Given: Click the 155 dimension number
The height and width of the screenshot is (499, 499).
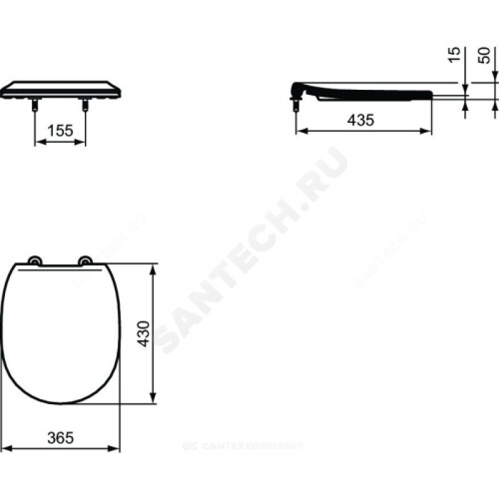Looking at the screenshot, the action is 60,130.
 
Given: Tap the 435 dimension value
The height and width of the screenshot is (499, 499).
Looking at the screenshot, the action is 361,120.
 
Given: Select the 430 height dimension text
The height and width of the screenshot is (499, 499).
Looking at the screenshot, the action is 143,334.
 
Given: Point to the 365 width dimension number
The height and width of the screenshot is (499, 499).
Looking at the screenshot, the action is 61,438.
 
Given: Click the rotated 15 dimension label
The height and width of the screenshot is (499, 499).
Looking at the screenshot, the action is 455,55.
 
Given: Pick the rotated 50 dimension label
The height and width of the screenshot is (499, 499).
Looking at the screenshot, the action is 483,56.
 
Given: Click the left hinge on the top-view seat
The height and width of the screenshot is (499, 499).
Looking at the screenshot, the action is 35,261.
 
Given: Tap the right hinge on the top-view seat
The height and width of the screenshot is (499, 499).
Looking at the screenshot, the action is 85,261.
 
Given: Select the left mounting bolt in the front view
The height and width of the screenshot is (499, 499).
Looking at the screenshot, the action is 35,104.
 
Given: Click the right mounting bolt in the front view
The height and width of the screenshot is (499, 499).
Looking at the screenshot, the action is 85,104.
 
